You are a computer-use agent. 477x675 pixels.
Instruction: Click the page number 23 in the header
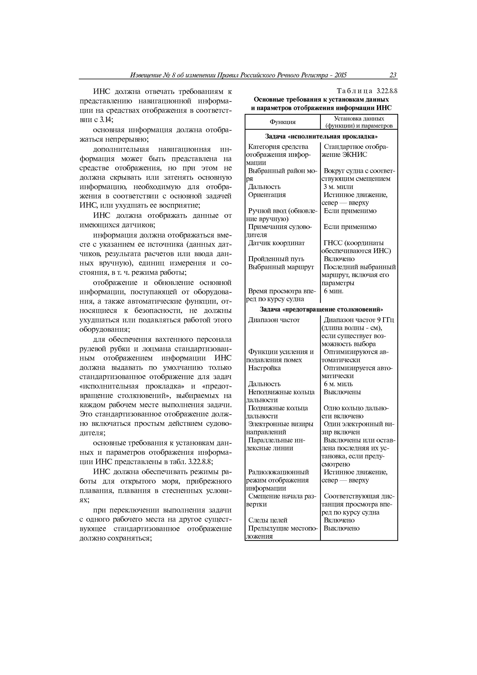[x=393, y=75]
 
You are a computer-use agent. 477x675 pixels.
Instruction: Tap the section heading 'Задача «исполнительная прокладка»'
[x=321, y=136]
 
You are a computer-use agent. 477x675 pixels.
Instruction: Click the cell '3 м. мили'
[x=338, y=187]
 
